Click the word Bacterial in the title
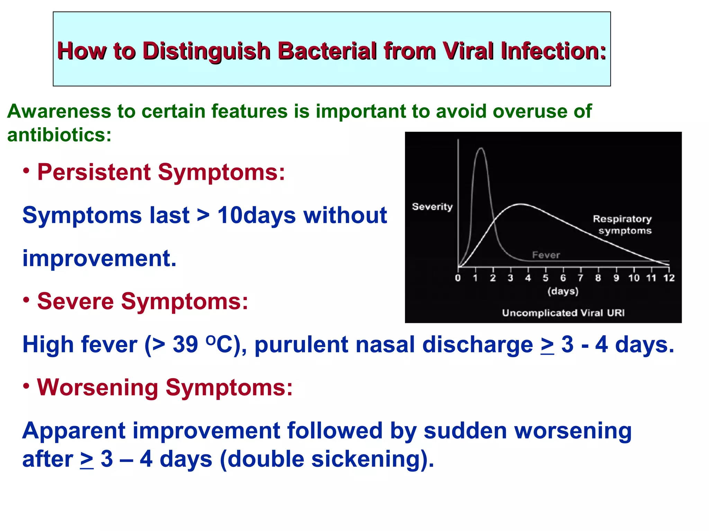[327, 51]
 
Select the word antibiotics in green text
[59, 135]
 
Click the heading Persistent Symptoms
[161, 172]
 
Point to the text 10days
[256, 215]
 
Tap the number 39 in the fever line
[185, 345]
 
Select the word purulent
[301, 345]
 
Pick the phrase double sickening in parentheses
[327, 459]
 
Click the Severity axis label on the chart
[432, 207]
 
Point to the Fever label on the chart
[546, 255]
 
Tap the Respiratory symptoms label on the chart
[622, 225]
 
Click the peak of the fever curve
[481, 149]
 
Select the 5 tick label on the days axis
[546, 278]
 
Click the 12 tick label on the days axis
[669, 278]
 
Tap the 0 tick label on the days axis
[458, 278]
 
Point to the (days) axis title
[563, 291]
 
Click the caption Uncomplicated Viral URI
[563, 313]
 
